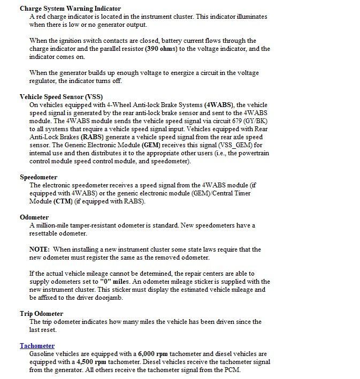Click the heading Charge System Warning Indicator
70,9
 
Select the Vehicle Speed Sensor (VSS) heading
61,97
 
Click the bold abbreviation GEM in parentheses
151,145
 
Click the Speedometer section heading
39,177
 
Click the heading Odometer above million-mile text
34,217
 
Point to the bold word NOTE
40,249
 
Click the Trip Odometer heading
42,314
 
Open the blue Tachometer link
37,346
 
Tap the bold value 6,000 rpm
155,354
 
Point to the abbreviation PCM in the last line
230,370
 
